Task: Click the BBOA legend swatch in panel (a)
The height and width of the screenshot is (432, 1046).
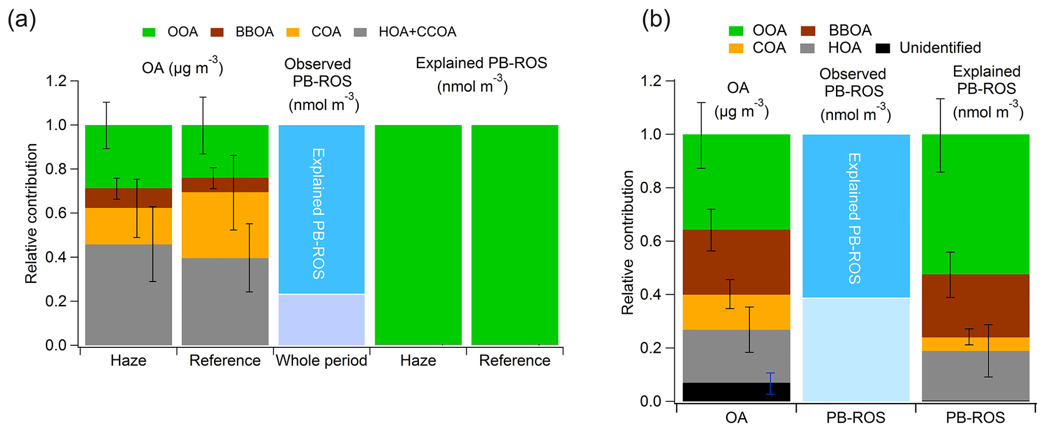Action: point(217,32)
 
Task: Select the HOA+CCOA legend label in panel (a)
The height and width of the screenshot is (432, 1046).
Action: point(417,32)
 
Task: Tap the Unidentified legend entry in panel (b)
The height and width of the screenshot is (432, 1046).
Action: point(940,48)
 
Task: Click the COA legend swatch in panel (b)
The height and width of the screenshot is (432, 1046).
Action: point(736,48)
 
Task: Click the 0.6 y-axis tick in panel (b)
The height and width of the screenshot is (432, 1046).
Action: point(652,241)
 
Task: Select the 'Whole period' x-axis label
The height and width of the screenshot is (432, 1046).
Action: point(321,361)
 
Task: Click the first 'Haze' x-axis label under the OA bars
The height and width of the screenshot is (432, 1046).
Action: point(129,361)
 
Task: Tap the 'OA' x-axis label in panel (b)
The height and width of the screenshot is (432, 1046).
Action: point(736,418)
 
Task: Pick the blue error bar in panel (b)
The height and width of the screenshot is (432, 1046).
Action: point(770,383)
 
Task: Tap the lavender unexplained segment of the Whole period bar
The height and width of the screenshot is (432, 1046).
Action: point(321,320)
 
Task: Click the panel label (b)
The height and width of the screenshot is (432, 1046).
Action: point(656,20)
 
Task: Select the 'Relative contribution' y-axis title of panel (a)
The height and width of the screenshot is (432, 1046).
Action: point(31,213)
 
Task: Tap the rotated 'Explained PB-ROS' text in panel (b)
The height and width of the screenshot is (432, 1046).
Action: point(855,218)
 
